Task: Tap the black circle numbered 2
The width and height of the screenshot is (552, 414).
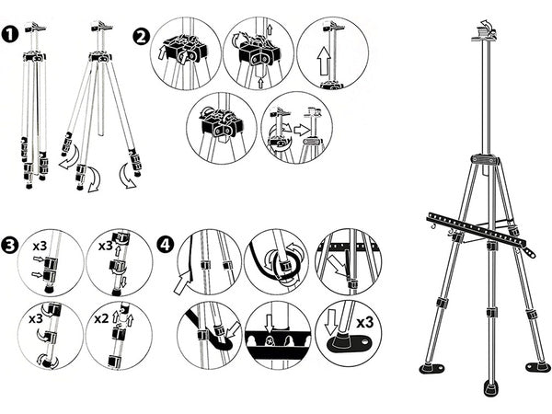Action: tap(141, 37)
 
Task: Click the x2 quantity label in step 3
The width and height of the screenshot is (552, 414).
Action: tap(100, 320)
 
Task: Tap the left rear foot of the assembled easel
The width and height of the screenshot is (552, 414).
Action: tap(431, 368)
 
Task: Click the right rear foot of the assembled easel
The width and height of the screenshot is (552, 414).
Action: tap(537, 366)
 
